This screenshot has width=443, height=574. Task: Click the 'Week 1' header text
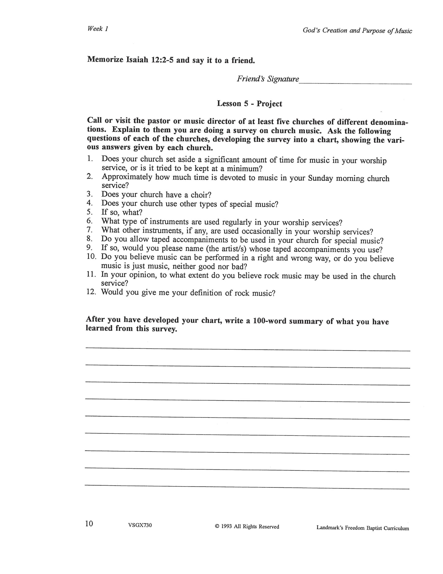pos(97,29)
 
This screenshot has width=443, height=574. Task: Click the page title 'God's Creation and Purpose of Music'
pos(357,31)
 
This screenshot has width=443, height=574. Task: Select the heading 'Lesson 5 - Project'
pos(249,104)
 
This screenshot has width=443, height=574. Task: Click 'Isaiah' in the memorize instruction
pos(138,60)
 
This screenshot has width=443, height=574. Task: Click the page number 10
pos(89,523)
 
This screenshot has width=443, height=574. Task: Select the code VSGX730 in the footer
pos(140,525)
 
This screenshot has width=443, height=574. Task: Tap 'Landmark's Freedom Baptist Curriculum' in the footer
pos(362,528)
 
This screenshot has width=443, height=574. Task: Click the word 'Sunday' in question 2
pos(320,178)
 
